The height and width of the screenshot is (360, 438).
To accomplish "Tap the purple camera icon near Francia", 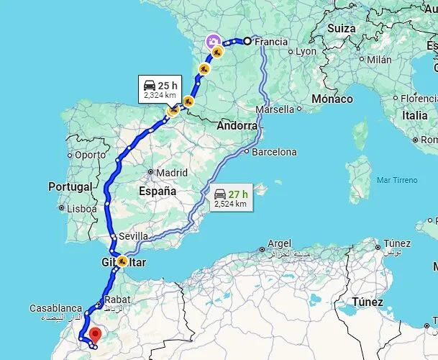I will [x=213, y=41].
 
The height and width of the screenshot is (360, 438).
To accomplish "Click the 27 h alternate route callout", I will [x=230, y=198].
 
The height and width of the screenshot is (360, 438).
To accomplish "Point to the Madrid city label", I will [x=172, y=173].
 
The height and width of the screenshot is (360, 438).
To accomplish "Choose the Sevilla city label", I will [x=134, y=235].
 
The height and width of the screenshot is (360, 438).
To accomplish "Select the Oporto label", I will [x=90, y=154].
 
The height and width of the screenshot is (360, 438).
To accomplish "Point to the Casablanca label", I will [x=56, y=307].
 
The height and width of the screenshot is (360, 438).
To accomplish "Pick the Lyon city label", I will [x=306, y=51].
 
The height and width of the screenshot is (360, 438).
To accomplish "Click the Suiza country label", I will [x=342, y=28].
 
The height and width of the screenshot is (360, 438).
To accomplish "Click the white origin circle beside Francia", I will [x=247, y=41].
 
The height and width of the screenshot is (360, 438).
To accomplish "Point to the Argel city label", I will [x=279, y=243].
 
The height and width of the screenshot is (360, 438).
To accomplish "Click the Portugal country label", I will [x=70, y=186].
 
